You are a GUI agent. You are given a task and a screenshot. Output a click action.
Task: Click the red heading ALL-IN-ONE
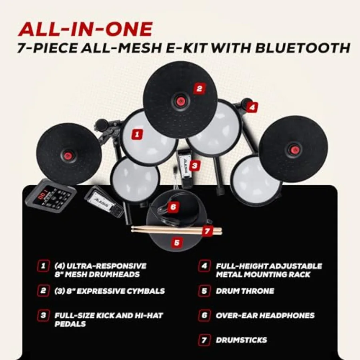[85, 29]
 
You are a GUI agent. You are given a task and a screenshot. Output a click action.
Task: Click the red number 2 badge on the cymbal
[199, 88]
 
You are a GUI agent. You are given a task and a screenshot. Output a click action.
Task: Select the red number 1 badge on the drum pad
[137, 134]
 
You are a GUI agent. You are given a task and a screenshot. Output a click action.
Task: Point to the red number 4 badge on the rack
[252, 107]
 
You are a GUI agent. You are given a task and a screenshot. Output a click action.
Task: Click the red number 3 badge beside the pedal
[194, 165]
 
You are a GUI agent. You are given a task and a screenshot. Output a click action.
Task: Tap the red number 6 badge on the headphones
[173, 207]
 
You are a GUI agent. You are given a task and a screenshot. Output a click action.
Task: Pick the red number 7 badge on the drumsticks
[207, 231]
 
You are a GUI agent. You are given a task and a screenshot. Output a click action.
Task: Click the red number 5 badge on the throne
[177, 242]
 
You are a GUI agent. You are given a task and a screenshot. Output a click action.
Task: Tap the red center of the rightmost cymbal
[293, 150]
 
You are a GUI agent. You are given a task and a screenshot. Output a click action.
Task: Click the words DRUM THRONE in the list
[245, 291]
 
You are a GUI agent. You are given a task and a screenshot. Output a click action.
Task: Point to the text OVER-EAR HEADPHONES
[265, 316]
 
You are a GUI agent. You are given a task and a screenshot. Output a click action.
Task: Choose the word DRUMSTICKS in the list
[241, 340]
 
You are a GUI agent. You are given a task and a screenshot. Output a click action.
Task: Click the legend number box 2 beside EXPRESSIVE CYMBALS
[43, 291]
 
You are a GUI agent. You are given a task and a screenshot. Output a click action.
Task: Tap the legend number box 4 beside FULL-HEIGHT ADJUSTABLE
[204, 266]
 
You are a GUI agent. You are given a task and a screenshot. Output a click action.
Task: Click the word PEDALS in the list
[70, 324]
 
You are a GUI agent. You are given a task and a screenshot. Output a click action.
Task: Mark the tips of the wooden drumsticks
[133, 229]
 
